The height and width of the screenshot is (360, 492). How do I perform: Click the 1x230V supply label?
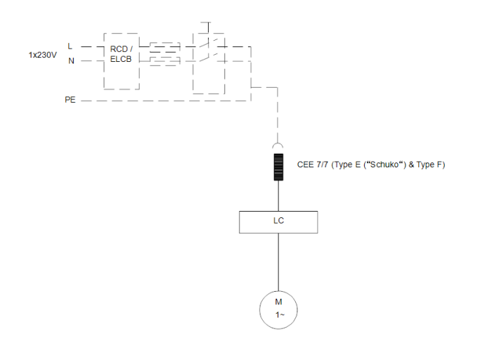point(42,54)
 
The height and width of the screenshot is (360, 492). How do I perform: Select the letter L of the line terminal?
point(70,46)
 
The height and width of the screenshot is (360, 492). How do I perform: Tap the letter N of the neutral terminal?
point(70,61)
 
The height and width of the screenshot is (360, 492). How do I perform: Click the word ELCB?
point(121,59)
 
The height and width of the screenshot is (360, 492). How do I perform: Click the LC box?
point(278,221)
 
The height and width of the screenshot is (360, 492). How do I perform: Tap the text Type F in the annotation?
point(429,165)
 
